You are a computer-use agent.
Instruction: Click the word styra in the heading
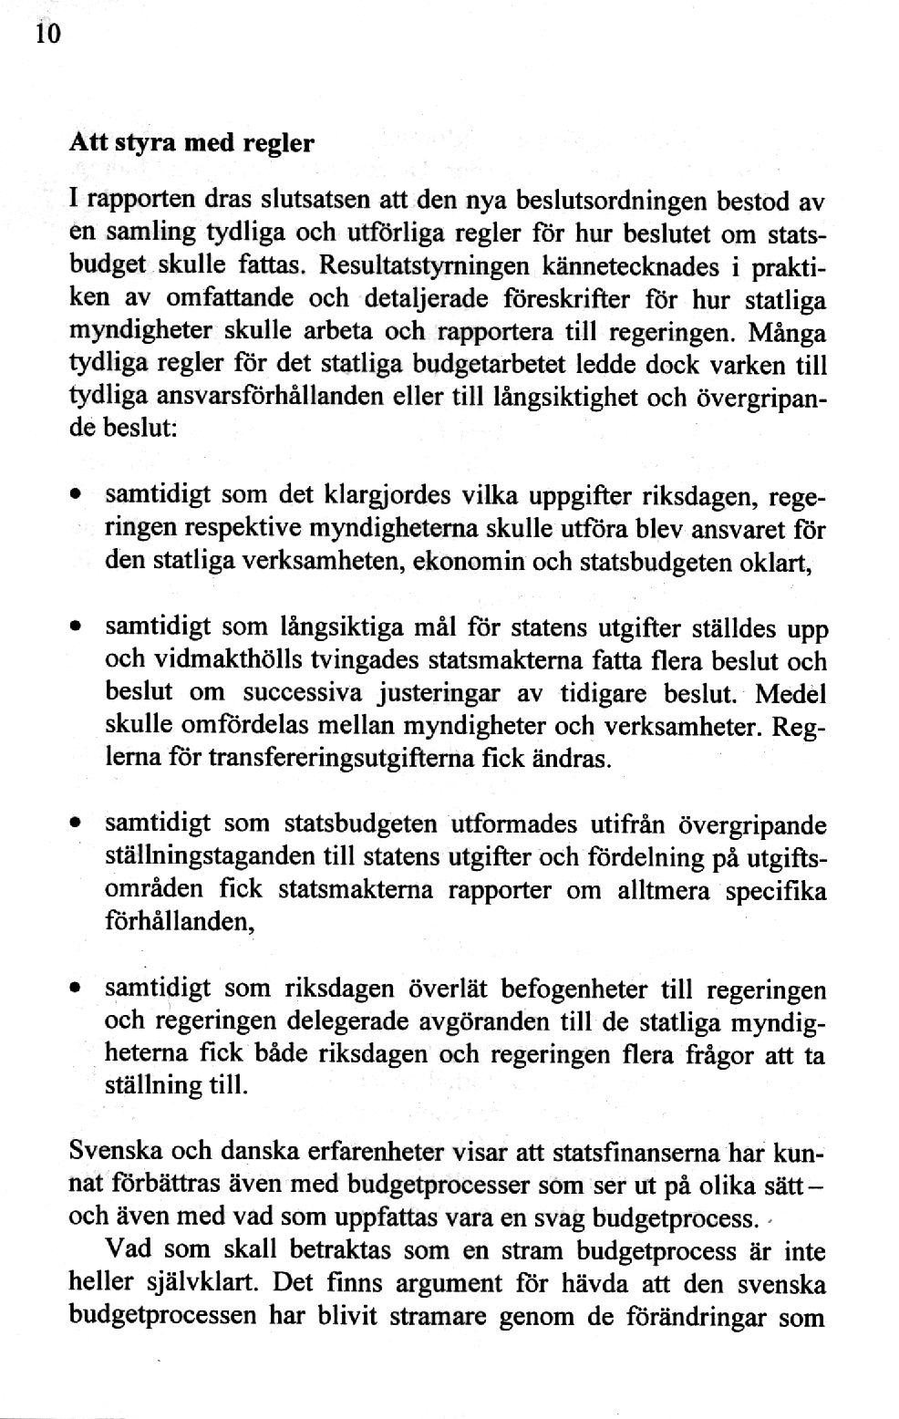tap(135, 143)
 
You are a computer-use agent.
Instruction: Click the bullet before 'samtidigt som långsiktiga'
tap(76, 629)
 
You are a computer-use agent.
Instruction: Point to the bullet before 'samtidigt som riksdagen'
tap(76, 989)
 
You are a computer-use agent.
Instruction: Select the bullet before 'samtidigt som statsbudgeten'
tap(76, 825)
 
